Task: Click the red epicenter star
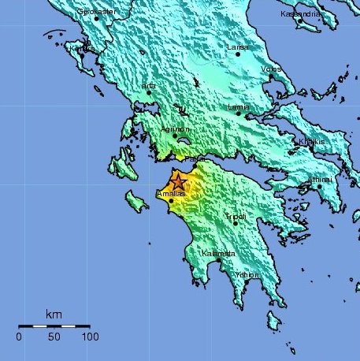pos(179,182)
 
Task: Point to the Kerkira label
pos(82,49)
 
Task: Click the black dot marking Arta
pos(149,92)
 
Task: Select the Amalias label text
pos(171,193)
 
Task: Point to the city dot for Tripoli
pos(235,224)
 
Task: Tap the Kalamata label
pos(218,253)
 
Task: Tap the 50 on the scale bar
pos(54,337)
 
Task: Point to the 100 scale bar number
pos(89,337)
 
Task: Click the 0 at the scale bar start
pos(19,337)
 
